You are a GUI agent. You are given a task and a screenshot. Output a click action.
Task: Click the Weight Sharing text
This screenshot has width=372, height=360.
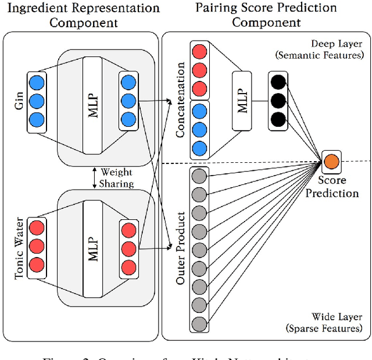117,178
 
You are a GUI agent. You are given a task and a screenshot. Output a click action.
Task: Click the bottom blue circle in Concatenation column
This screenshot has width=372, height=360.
199,147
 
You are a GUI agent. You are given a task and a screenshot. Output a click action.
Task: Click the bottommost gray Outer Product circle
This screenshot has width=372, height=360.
199,323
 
